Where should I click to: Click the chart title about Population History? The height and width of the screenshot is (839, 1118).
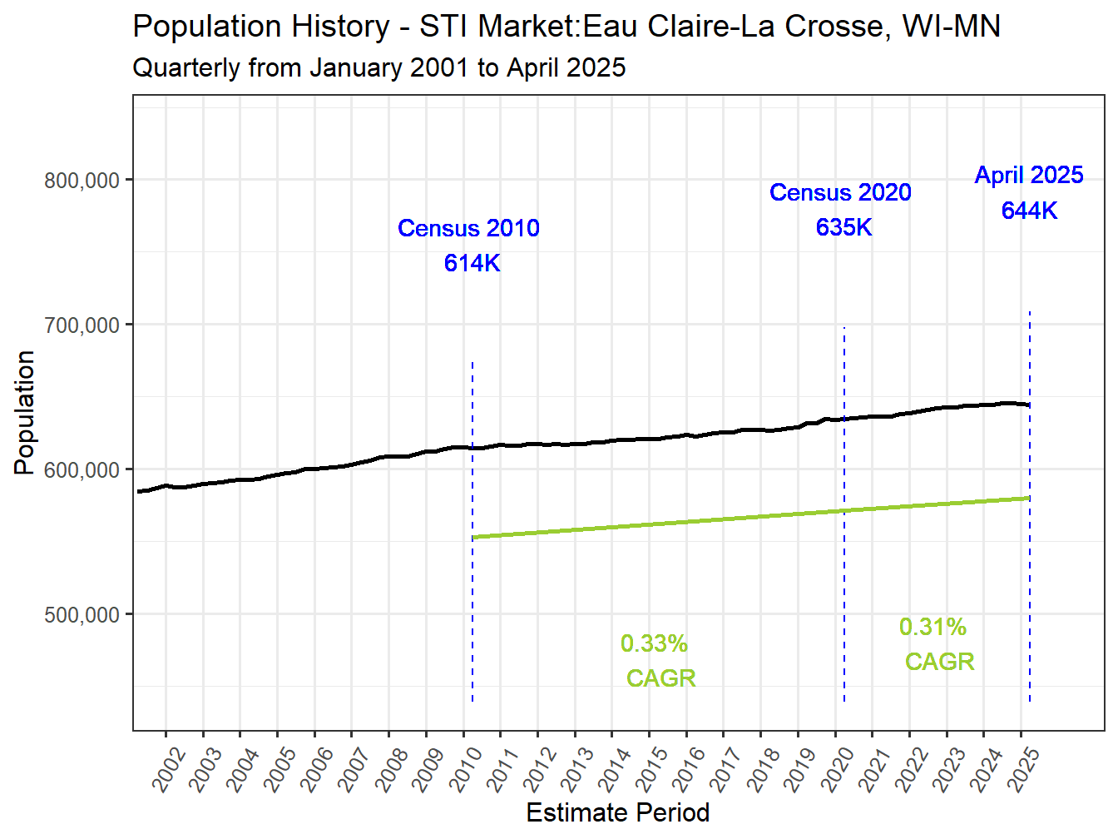[x=566, y=27]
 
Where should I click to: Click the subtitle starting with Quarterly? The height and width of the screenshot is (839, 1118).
[x=378, y=67]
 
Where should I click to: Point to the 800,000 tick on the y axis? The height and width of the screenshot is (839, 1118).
[x=82, y=181]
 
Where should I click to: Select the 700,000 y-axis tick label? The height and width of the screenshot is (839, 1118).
[x=82, y=325]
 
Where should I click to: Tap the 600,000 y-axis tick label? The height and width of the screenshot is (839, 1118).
[x=82, y=470]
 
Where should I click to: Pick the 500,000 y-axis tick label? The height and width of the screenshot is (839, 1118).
[x=82, y=615]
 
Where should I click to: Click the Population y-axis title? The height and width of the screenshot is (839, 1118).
[x=25, y=413]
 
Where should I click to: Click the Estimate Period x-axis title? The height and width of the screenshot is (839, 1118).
[x=617, y=812]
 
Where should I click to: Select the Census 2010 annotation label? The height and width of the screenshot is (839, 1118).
[x=468, y=228]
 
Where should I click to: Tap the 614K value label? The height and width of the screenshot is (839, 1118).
[x=472, y=263]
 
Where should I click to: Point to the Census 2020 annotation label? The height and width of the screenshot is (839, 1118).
[x=840, y=192]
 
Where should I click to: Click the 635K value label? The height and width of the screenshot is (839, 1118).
[x=843, y=227]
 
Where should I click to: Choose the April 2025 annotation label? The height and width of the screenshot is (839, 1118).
[x=1029, y=175]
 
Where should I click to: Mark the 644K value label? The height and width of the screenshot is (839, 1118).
[x=1029, y=211]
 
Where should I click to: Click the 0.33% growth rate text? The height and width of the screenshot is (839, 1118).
[x=654, y=643]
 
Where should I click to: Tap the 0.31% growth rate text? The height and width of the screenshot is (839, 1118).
[x=932, y=627]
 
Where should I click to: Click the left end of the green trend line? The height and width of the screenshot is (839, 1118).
[x=473, y=538]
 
